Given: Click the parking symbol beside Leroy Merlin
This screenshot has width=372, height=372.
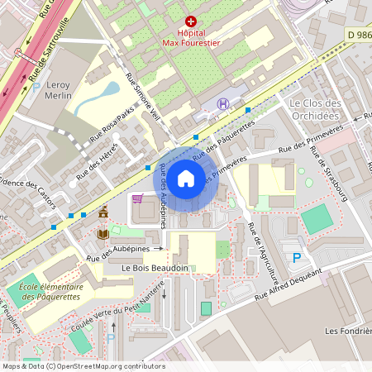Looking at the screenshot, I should [x=36, y=87].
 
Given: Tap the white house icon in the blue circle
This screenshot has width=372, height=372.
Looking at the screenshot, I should [x=186, y=178].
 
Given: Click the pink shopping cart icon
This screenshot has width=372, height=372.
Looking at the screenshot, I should [x=137, y=198].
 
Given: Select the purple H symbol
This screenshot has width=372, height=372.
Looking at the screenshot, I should [x=222, y=104].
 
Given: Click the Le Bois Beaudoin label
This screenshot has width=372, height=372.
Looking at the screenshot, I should [x=154, y=268].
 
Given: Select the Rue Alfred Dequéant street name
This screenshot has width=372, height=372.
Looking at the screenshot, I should [x=287, y=284].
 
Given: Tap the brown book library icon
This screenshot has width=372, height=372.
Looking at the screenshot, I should [x=103, y=234].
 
